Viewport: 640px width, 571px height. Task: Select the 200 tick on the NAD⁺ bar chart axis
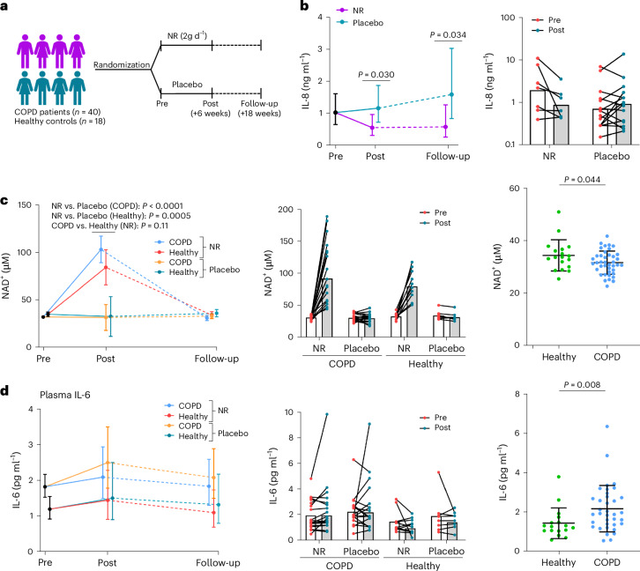click(298, 209)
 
